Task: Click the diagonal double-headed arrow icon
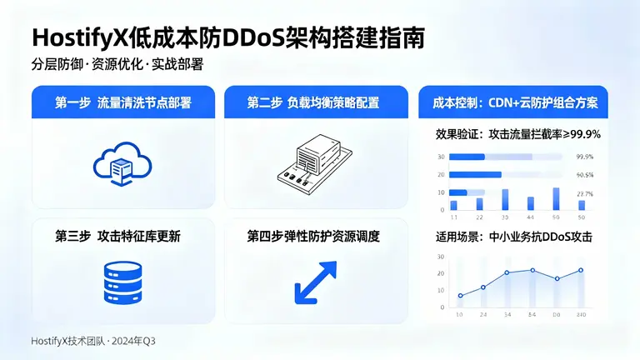tap(315, 282)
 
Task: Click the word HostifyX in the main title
tap(80, 38)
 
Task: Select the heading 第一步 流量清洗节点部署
tap(123, 103)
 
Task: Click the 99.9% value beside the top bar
tap(585, 157)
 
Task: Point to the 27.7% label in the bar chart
tap(585, 193)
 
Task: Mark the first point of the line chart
tap(460, 296)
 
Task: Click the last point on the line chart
tap(581, 270)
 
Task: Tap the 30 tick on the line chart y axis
tap(440, 256)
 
